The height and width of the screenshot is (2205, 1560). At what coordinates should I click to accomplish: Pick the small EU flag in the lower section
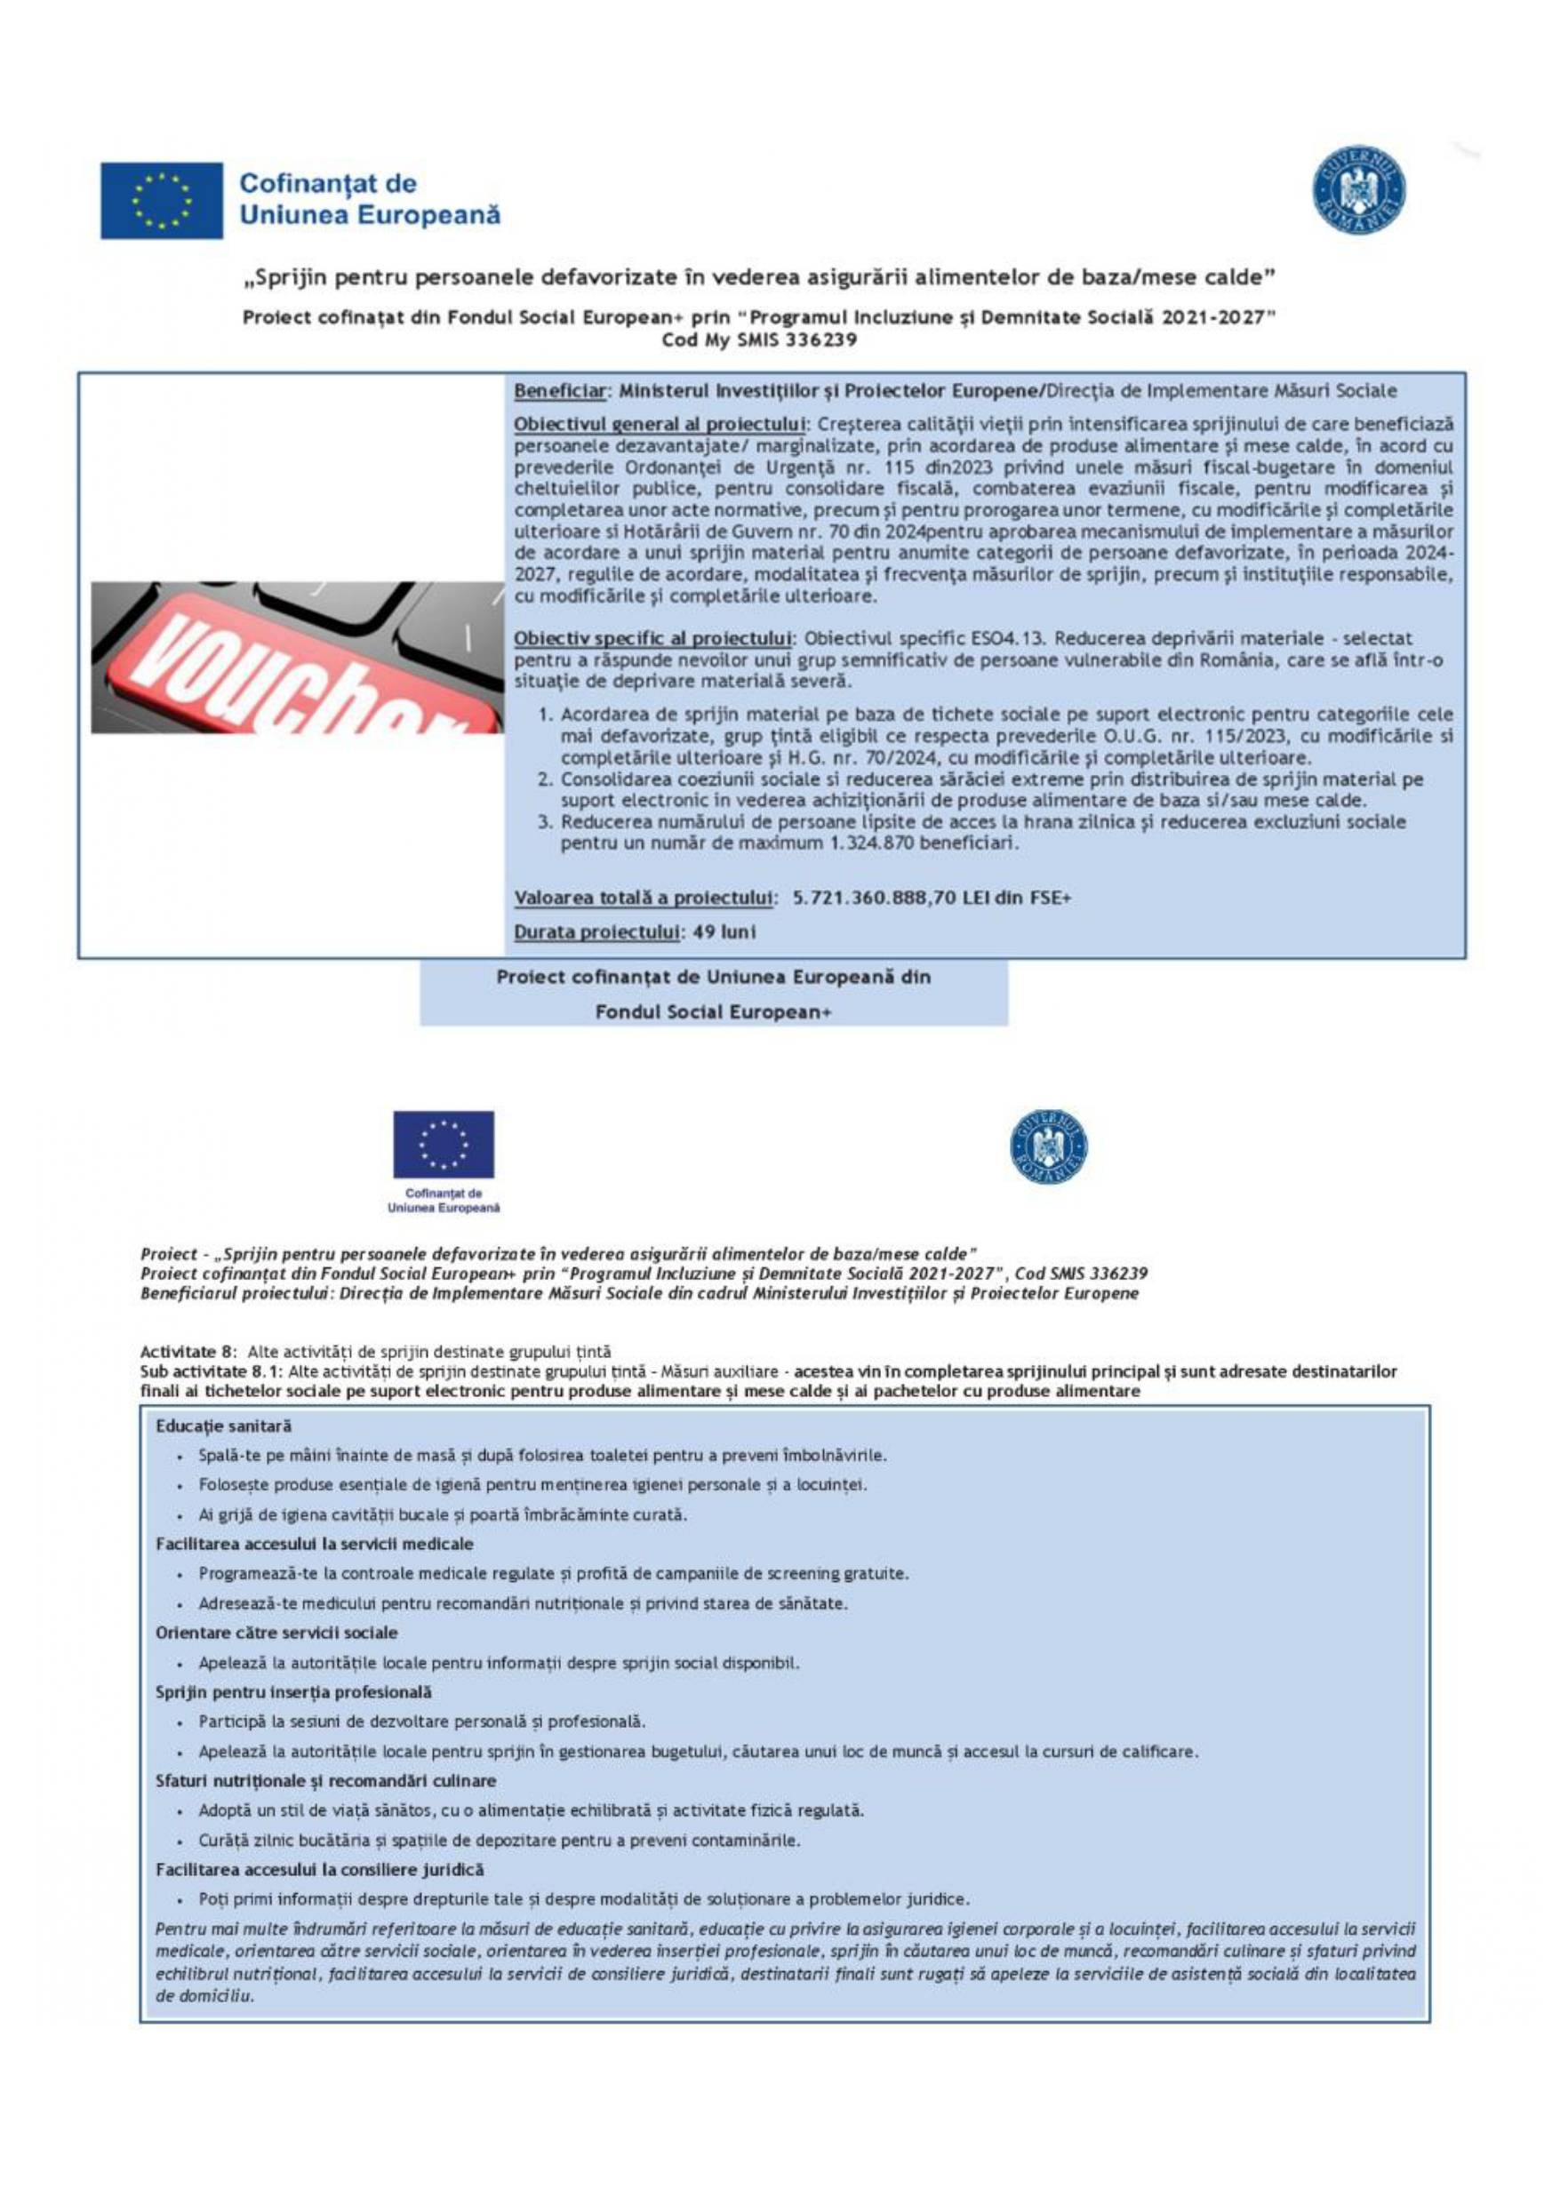(x=444, y=1145)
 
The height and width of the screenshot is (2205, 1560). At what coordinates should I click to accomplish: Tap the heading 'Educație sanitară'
(x=224, y=1426)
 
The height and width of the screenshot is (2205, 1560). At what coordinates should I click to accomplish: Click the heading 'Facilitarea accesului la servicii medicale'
(x=314, y=1545)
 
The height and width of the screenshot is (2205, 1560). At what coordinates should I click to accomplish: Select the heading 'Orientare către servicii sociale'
(x=276, y=1633)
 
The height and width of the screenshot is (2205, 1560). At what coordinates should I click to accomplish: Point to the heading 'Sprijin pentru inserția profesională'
(x=293, y=1692)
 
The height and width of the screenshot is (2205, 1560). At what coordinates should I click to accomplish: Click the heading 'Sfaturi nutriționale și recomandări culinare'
(x=325, y=1780)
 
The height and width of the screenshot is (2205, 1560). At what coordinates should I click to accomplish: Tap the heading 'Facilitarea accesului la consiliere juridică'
(x=320, y=1870)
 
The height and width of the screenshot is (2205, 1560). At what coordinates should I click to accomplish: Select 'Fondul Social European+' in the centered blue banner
(x=713, y=1011)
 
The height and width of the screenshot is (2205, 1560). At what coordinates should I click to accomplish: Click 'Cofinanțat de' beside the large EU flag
(x=328, y=182)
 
